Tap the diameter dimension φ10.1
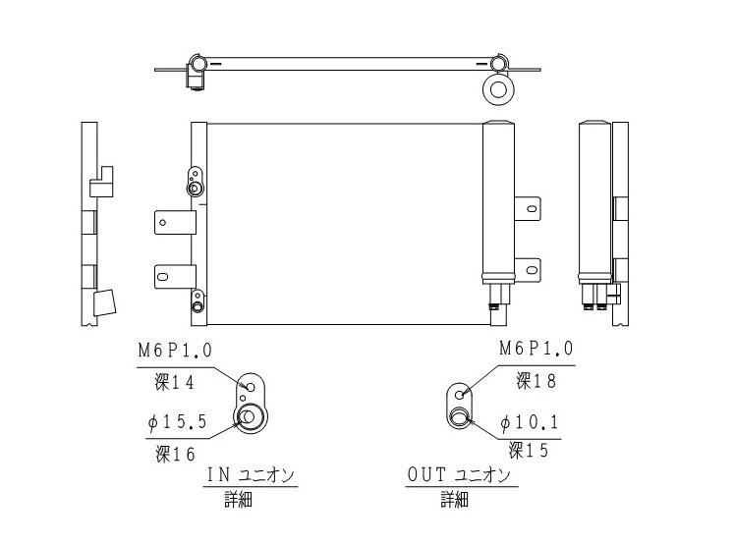[530, 422]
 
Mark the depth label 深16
[175, 453]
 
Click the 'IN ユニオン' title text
[251, 475]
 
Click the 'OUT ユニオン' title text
[459, 475]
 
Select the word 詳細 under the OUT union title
[454, 500]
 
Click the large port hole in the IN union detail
[249, 418]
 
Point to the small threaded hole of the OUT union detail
[459, 394]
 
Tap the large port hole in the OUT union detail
[460, 419]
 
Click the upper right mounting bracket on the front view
[529, 207]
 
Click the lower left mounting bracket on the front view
[171, 276]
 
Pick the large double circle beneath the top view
[498, 91]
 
